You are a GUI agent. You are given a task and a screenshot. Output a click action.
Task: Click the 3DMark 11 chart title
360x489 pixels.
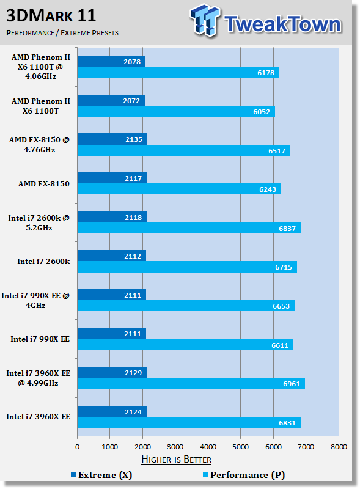pyautogui.click(x=51, y=16)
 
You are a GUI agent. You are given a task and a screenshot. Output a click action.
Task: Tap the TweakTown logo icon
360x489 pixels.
pyautogui.click(x=204, y=20)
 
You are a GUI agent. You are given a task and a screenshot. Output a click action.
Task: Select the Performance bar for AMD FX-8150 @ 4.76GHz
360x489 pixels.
pyautogui.click(x=184, y=150)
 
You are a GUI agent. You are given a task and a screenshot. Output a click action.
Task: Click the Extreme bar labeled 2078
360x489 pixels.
pyautogui.click(x=111, y=62)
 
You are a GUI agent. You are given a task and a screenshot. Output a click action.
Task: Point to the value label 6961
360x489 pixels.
pyautogui.click(x=292, y=384)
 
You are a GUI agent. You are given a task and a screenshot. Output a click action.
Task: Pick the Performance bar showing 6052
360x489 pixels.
pyautogui.click(x=176, y=112)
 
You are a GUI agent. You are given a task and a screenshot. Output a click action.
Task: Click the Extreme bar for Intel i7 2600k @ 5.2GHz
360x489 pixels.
pyautogui.click(x=112, y=217)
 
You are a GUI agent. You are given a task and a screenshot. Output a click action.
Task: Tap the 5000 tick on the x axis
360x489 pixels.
pyautogui.click(x=241, y=447)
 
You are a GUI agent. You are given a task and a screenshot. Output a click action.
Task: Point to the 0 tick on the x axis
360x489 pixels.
pyautogui.click(x=78, y=447)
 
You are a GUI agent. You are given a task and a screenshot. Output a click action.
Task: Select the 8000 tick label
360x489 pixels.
pyautogui.click(x=339, y=447)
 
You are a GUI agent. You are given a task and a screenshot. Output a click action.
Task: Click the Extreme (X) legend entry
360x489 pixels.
pyautogui.click(x=101, y=476)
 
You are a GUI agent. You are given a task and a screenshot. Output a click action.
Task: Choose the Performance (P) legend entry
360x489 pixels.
pyautogui.click(x=244, y=476)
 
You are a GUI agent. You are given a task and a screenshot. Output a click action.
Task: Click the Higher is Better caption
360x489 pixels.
pyautogui.click(x=176, y=460)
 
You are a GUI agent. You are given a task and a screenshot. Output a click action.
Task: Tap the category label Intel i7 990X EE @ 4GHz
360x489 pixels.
pyautogui.click(x=35, y=300)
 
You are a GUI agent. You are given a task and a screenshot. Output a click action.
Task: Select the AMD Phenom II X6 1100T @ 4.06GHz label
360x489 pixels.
pyautogui.click(x=40, y=67)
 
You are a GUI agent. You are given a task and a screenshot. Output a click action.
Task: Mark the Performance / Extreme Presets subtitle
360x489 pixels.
pyautogui.click(x=62, y=33)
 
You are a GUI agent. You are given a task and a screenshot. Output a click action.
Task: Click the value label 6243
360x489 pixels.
pyautogui.click(x=268, y=189)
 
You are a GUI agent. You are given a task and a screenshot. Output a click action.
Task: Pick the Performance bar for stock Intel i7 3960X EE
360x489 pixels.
pyautogui.click(x=189, y=422)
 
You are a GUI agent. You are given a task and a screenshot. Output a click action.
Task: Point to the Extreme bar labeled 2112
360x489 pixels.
pyautogui.click(x=112, y=256)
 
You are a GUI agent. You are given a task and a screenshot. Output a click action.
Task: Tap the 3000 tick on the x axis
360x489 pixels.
pyautogui.click(x=175, y=447)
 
